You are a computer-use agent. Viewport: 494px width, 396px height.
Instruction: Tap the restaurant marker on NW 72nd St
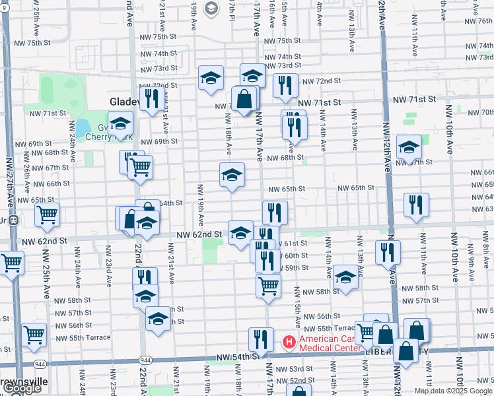[x=285, y=85]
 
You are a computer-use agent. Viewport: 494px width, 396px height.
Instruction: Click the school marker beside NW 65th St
[x=232, y=175]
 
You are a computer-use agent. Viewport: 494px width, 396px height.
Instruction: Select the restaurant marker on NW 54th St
[x=261, y=340]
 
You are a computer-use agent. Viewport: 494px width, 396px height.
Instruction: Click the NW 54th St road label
[x=236, y=357]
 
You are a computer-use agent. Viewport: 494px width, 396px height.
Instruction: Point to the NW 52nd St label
[x=296, y=381]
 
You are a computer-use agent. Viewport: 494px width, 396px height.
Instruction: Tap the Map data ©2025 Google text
[x=453, y=391]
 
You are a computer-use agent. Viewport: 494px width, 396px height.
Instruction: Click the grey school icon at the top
[x=211, y=8]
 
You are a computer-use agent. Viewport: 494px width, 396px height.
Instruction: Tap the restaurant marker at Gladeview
[x=152, y=98]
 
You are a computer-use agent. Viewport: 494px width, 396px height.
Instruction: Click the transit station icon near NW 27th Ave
[x=13, y=220]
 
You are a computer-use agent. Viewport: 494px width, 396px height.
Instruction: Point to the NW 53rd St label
[x=296, y=369]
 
